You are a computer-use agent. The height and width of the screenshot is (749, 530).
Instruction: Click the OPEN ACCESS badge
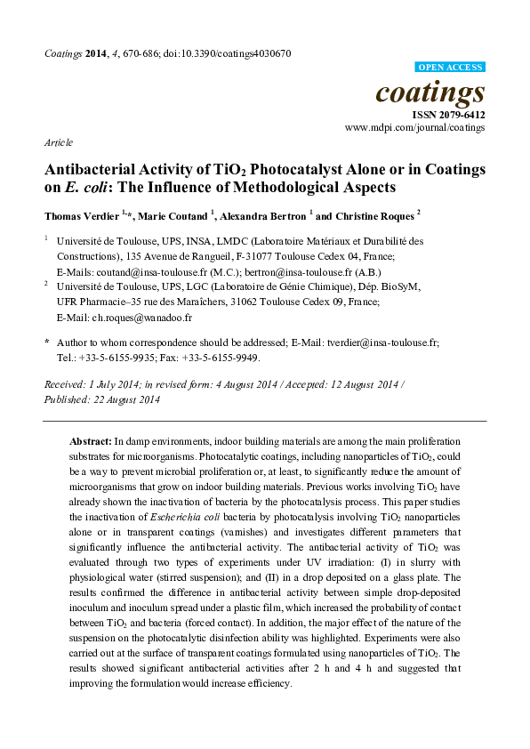[450, 67]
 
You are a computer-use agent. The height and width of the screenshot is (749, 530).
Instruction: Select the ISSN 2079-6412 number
[448, 116]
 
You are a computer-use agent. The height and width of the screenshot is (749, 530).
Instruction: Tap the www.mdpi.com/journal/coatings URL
[415, 128]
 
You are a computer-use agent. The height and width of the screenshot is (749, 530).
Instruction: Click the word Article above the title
[58, 142]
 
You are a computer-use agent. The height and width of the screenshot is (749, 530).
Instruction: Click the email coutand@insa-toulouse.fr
[147, 270]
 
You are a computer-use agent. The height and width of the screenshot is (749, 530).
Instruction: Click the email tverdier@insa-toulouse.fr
[381, 342]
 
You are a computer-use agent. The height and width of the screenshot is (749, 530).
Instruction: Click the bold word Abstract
[91, 441]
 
